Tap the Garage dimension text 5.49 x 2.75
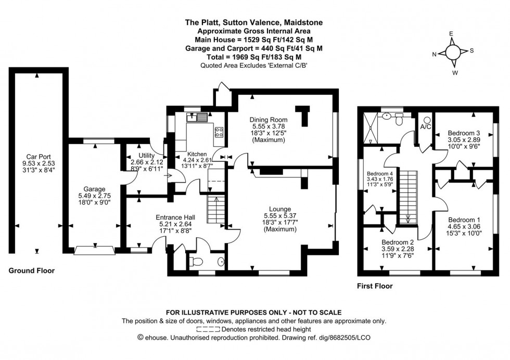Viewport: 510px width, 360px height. tap(95, 196)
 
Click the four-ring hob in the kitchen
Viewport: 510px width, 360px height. tap(219, 132)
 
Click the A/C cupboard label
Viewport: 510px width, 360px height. tap(425, 126)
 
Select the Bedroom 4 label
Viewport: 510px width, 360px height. tap(381, 174)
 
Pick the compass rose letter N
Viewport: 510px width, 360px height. tap(434, 54)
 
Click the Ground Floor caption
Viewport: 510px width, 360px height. tap(31, 271)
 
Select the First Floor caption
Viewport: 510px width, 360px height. tap(375, 286)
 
